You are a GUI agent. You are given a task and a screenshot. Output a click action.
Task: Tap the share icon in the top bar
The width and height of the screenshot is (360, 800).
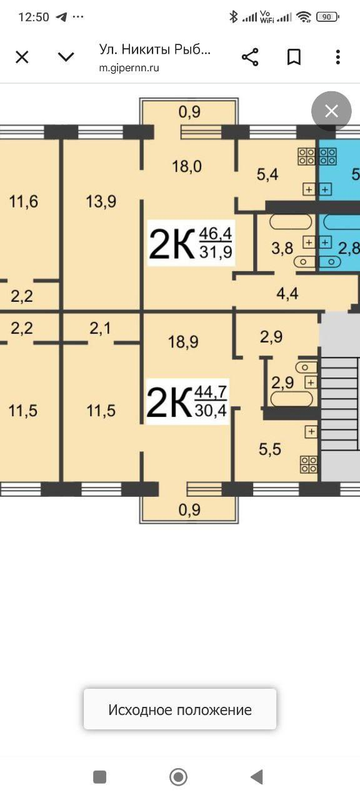[x=250, y=57]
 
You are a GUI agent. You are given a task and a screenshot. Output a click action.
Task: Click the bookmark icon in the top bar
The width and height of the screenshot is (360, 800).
[x=294, y=57]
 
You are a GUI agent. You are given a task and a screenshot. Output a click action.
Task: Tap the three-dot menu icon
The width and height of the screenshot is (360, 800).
[x=337, y=57]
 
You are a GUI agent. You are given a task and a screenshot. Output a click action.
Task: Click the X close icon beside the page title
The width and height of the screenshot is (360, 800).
[x=22, y=57]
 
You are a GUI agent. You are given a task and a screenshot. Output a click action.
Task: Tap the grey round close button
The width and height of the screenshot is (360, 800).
[x=331, y=111]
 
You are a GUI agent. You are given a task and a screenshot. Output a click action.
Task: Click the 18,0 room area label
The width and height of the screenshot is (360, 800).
[x=186, y=166]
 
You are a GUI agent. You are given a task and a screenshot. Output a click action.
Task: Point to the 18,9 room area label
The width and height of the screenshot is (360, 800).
[x=183, y=341]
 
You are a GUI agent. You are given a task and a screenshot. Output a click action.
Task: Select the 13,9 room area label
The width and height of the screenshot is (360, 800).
[x=101, y=201]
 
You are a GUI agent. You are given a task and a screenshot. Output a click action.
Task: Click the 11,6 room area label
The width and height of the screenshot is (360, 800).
[x=24, y=201]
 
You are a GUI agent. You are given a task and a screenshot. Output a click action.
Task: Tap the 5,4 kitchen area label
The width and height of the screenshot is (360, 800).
[x=267, y=174]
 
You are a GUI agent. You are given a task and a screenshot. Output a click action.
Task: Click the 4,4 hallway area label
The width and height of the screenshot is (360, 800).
[x=288, y=293]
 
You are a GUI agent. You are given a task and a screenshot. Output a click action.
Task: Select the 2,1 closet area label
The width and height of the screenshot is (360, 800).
[x=100, y=327]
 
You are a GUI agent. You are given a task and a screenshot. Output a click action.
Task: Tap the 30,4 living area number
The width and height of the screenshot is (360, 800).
[x=211, y=411]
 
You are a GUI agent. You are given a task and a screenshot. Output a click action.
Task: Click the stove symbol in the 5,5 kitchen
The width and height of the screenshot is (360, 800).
[x=309, y=464]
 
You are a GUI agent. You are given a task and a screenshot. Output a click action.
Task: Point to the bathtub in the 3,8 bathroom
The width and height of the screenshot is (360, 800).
[x=290, y=222]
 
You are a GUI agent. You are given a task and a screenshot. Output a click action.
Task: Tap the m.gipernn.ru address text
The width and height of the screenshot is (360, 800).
[x=129, y=68]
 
